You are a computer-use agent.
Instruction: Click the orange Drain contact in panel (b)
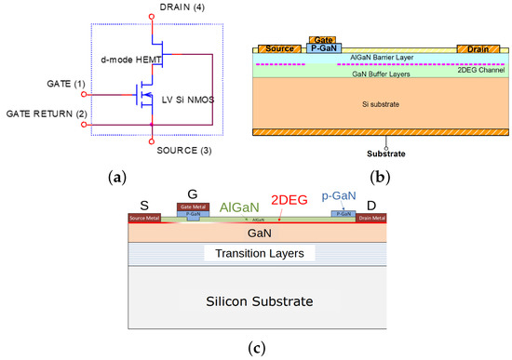478,48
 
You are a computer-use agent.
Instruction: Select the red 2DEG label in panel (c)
290,198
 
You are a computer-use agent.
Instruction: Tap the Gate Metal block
191,207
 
